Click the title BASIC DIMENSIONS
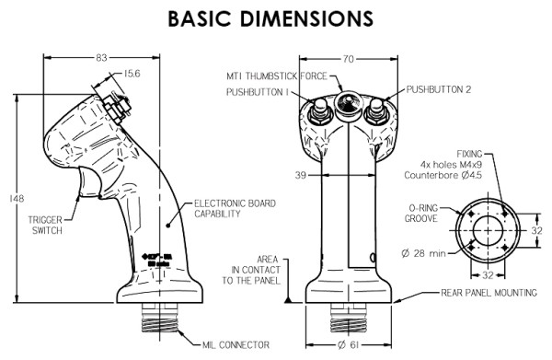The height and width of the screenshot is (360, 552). [x=276, y=17]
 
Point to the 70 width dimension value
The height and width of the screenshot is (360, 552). [x=347, y=57]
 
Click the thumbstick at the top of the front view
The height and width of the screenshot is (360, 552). [x=348, y=101]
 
